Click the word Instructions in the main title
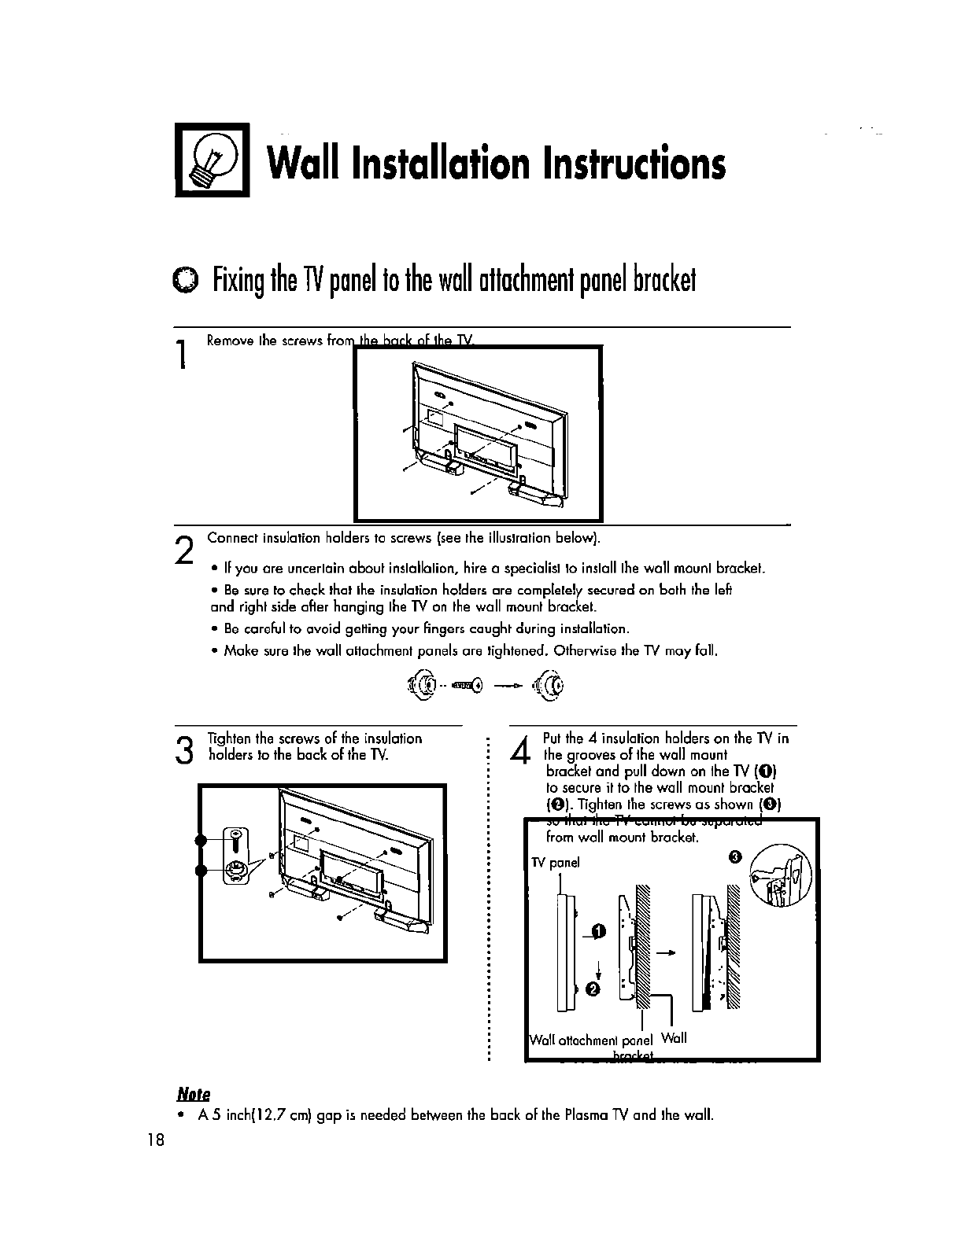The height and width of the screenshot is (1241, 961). click(x=628, y=164)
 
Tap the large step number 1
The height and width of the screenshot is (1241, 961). click(x=182, y=353)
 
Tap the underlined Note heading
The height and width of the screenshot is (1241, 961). click(x=192, y=1093)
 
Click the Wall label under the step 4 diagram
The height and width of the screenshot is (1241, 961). click(x=675, y=1038)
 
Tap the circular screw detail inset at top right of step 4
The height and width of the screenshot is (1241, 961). click(x=779, y=873)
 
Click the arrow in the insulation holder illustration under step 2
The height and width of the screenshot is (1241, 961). click(x=508, y=686)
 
